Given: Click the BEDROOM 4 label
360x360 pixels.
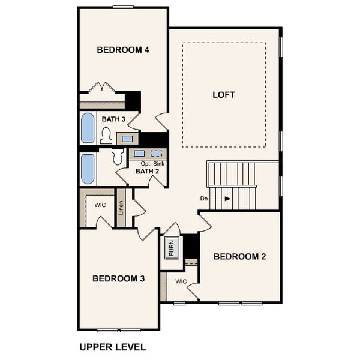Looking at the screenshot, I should point(123,50).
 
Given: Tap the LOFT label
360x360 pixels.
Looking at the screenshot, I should point(224,95).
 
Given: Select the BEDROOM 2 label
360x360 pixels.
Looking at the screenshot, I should point(240,257).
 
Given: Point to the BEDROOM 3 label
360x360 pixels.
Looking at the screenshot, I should point(119,278).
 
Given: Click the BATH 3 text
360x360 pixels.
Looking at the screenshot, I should point(113,119).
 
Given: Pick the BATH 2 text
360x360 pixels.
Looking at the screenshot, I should point(147,172).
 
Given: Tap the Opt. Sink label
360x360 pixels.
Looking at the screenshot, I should point(152,163).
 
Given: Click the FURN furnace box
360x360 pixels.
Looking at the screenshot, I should point(170,248).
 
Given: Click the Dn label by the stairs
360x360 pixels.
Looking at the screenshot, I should point(205,198).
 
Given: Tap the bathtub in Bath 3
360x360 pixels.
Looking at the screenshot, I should point(88,128).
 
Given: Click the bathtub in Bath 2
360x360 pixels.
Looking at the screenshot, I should point(88,169).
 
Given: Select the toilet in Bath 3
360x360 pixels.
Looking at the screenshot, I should point(107,136).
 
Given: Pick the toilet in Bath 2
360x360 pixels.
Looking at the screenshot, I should point(118,157).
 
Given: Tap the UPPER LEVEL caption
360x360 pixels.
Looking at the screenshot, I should point(113,347).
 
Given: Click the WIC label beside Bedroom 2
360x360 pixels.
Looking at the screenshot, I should point(181,281).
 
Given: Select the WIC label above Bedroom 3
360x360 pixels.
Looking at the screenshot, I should point(100,205).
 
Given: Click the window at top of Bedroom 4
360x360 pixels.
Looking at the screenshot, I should point(122,7).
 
